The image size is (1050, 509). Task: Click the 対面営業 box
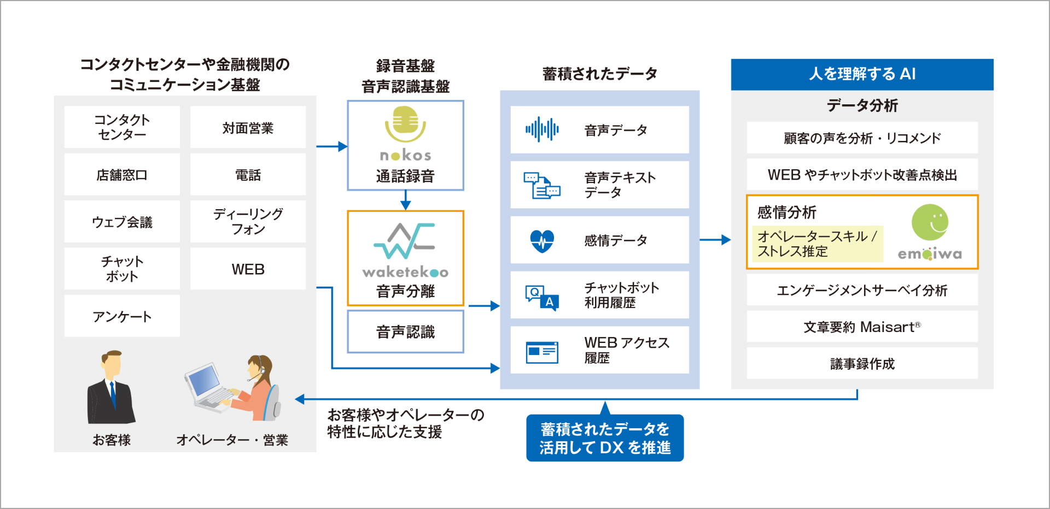[248, 128]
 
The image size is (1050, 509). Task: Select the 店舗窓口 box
[122, 175]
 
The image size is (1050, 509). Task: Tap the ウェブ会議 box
[122, 222]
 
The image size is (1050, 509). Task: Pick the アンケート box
[122, 316]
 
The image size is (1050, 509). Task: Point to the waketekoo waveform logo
[405, 240]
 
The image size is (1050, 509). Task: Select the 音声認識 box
[405, 332]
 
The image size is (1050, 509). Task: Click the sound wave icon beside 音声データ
[542, 129]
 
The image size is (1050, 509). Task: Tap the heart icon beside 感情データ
[542, 240]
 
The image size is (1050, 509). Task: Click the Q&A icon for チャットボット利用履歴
[542, 297]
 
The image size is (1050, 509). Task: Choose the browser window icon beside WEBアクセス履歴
[542, 352]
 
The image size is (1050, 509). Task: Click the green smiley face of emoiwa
[930, 222]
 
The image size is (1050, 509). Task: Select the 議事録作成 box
[862, 364]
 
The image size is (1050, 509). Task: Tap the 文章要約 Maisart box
[862, 327]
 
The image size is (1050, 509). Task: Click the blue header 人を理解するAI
[862, 74]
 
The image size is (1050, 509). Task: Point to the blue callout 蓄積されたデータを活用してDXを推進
[605, 438]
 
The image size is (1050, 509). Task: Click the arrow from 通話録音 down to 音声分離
[405, 200]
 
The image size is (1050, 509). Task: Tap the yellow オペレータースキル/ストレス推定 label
[817, 244]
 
